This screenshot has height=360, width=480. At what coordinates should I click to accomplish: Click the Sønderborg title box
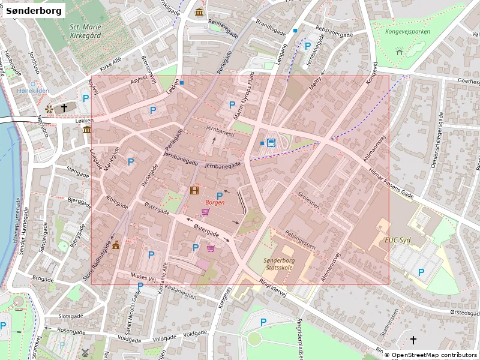pyautogui.click(x=34, y=10)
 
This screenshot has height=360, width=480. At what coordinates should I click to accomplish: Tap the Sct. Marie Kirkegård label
pyautogui.click(x=85, y=31)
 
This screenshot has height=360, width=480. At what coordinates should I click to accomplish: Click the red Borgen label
pyautogui.click(x=215, y=203)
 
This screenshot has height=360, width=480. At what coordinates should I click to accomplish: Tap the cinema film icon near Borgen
pyautogui.click(x=194, y=191)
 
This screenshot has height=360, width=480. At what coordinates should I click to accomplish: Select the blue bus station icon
pyautogui.click(x=271, y=143)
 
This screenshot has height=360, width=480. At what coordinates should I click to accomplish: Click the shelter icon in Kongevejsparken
pyautogui.click(x=400, y=52)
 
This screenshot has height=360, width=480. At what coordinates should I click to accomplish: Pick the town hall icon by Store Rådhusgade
pyautogui.click(x=116, y=244)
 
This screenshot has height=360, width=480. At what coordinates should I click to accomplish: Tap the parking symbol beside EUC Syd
pyautogui.click(x=421, y=272)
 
